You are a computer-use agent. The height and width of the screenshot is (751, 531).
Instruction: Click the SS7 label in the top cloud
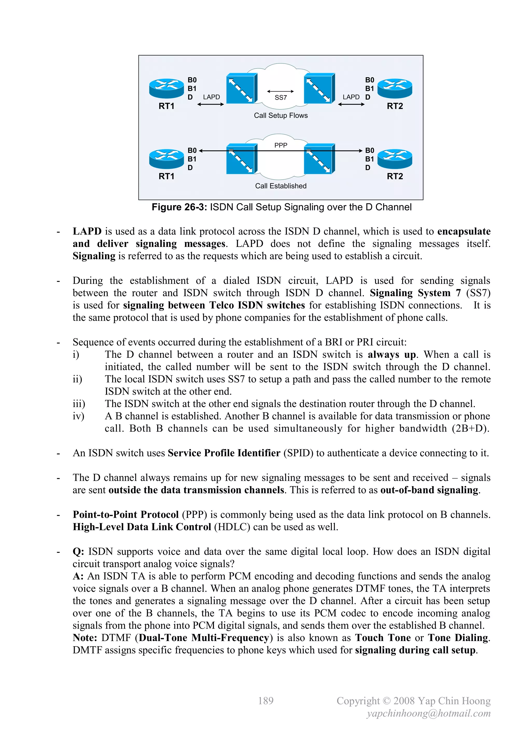[281, 98]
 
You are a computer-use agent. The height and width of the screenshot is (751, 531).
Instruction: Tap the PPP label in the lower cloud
[281, 145]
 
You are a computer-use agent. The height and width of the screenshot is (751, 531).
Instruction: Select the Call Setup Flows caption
[281, 115]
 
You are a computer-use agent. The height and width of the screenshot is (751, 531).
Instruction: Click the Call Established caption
[281, 186]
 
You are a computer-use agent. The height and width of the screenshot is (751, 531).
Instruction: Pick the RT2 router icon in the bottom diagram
[395, 159]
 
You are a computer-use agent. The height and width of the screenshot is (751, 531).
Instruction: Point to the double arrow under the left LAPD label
[211, 104]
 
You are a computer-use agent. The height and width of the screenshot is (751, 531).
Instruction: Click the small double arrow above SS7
[281, 91]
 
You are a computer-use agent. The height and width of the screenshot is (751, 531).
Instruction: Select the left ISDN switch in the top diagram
[241, 88]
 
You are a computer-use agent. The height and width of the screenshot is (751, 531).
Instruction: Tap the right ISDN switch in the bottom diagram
[319, 159]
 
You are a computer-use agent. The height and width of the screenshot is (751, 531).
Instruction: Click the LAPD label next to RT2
[351, 97]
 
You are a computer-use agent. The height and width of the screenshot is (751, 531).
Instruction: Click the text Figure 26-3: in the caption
[179, 207]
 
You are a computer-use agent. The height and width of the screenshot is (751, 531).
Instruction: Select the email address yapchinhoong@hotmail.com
[428, 713]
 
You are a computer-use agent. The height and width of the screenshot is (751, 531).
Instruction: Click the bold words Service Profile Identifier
[224, 453]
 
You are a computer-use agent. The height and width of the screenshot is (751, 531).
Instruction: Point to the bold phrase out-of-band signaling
[429, 490]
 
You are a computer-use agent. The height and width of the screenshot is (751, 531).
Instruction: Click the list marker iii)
[79, 404]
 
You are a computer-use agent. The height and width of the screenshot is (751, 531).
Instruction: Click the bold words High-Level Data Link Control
[142, 527]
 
